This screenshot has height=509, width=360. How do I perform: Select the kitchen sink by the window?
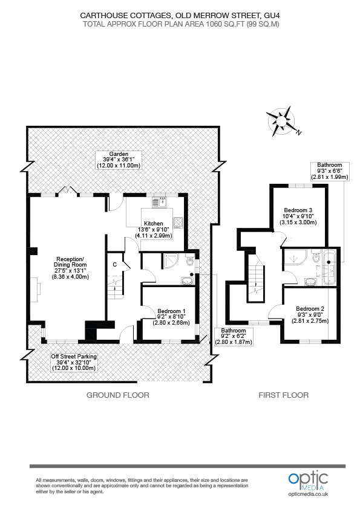coord(158,203)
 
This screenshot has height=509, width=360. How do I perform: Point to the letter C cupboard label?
coord(114,264)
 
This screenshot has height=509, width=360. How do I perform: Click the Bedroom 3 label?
coord(297,216)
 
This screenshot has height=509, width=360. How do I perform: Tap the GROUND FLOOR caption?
coord(117,395)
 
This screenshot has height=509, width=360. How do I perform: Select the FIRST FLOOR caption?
coord(283,395)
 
